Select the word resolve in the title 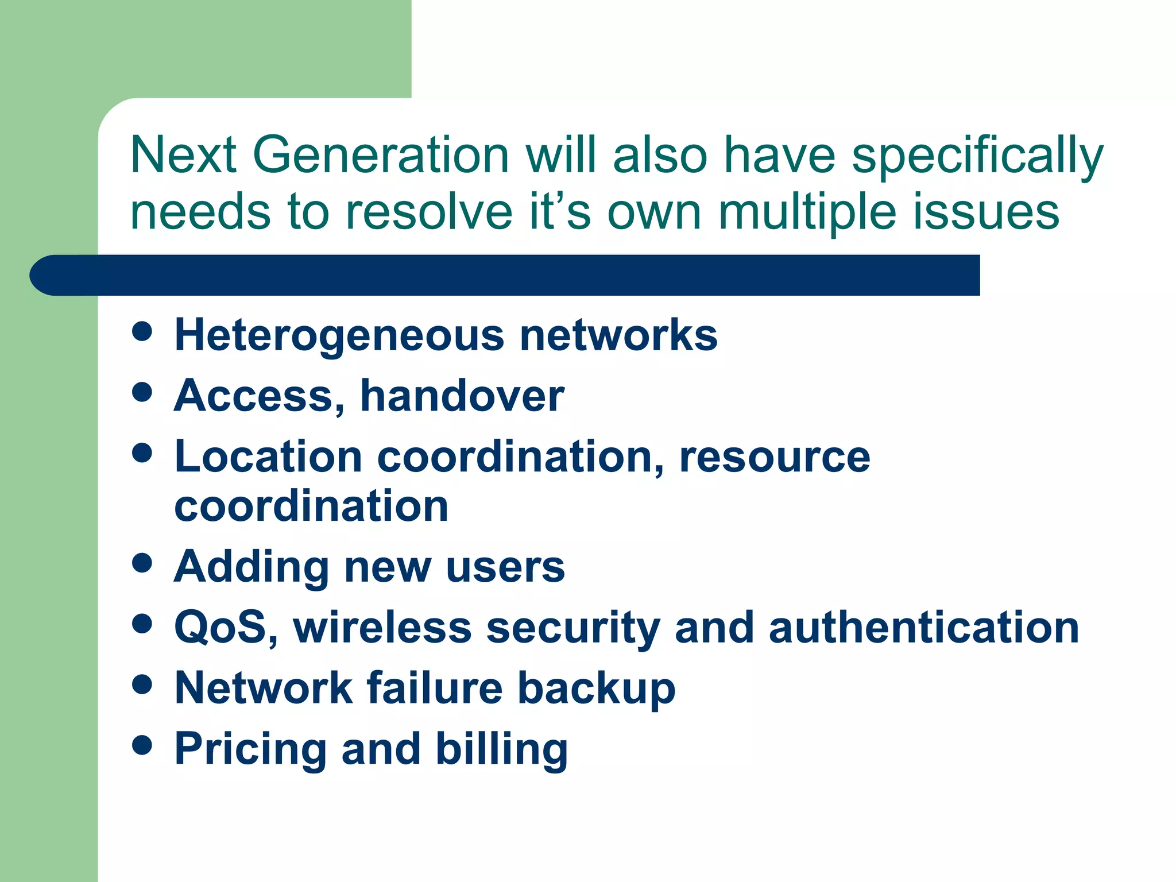pos(428,212)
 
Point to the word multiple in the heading pos(807,212)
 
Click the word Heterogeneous pos(339,336)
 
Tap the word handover pos(462,396)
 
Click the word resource pos(775,458)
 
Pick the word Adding pos(251,567)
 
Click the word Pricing pos(250,750)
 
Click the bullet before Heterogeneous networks pos(142,331)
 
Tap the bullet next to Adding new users pos(142,563)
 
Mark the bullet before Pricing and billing pos(142,745)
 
